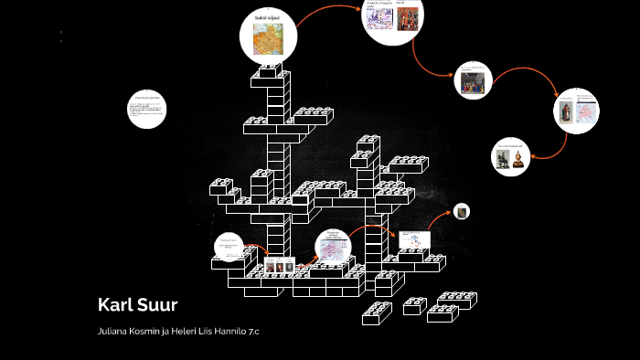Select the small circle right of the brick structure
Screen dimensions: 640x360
[x=463, y=211]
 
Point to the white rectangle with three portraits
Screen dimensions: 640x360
[x=280, y=265]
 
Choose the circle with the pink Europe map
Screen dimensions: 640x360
[x=333, y=246]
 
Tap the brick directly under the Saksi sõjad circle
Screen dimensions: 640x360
[x=271, y=71]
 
